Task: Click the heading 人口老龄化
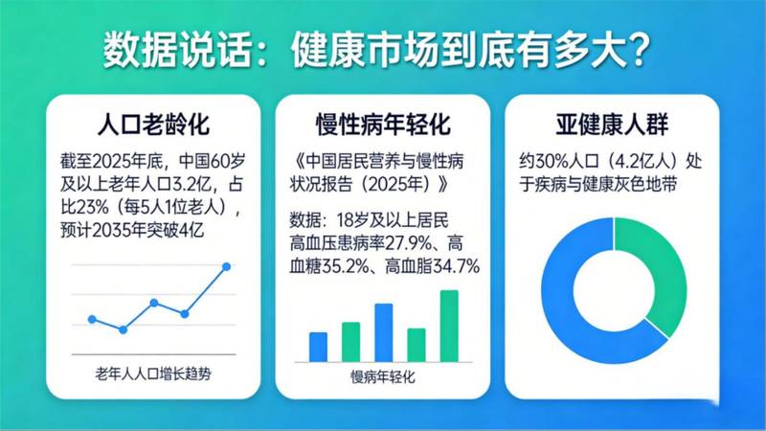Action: coord(154,124)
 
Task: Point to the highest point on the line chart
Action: coord(227,266)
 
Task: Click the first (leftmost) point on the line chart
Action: coord(92,319)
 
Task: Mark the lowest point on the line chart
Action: coord(123,329)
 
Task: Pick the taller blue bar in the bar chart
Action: coord(383,331)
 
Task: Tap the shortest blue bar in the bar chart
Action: coord(318,346)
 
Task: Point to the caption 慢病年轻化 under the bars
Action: coord(383,376)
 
